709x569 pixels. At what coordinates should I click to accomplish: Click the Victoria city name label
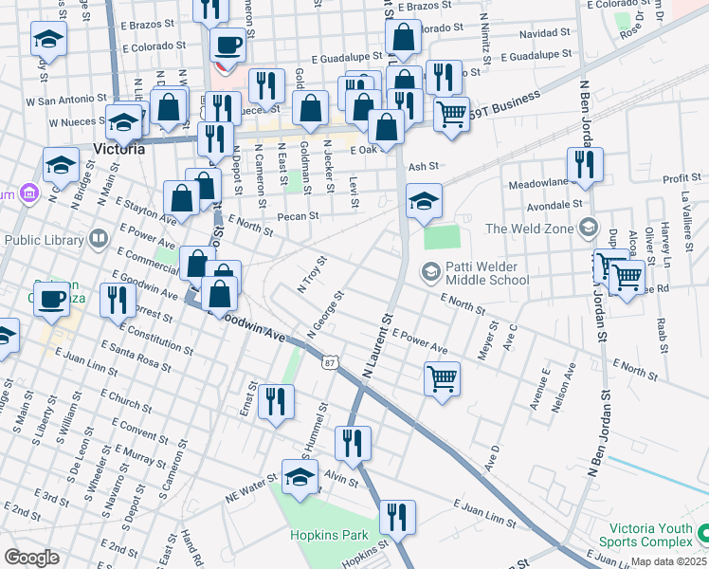tap(119, 149)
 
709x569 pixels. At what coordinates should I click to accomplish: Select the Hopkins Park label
tap(328, 536)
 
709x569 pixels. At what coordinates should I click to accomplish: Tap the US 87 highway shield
tap(329, 362)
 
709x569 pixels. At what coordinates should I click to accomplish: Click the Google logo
tap(31, 558)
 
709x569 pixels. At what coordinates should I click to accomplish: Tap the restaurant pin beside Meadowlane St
tap(585, 164)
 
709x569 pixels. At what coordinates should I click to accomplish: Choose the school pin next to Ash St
tap(424, 201)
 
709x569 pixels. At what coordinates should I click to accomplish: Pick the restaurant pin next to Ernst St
tap(277, 400)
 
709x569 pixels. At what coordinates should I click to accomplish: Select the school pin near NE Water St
tap(300, 476)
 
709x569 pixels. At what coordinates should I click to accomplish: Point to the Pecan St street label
tap(297, 216)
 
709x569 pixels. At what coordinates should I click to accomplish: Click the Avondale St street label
tap(549, 203)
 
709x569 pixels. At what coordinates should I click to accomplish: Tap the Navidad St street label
tap(545, 33)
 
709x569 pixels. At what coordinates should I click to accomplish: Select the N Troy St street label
tap(311, 273)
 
